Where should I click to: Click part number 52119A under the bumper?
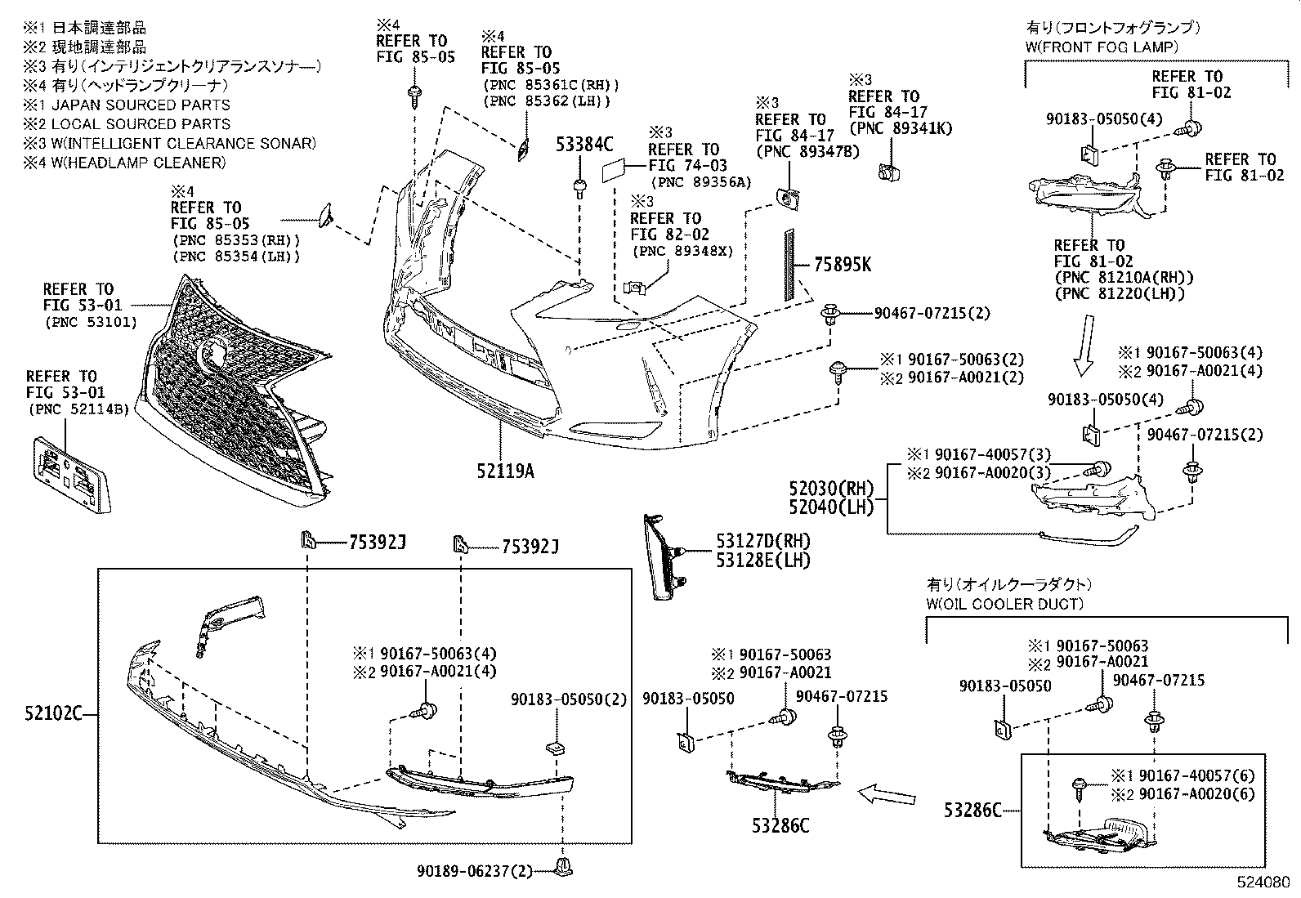[x=506, y=471]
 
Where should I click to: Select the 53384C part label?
[x=584, y=145]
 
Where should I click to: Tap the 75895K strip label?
[x=843, y=265]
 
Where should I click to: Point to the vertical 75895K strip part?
[x=790, y=265]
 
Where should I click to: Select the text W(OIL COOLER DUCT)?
[x=1004, y=604]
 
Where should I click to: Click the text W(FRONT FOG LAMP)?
[x=1102, y=47]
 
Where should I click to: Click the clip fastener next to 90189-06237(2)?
[x=561, y=867]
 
